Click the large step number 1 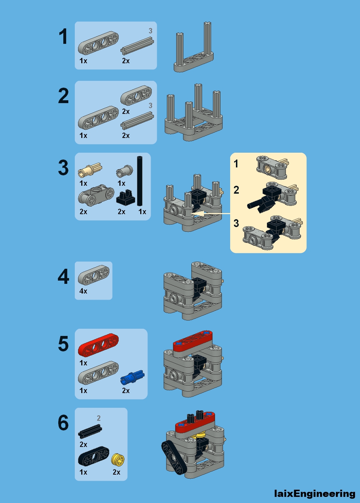tap(63, 37)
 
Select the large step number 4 tap(63, 277)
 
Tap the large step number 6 tap(63, 423)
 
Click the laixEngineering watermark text tap(314, 494)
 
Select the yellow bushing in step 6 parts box tap(118, 460)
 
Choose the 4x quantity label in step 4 tap(83, 291)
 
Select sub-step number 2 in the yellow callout tap(236, 190)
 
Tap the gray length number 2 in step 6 tap(99, 418)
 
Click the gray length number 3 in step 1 tap(150, 31)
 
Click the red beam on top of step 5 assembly tap(193, 340)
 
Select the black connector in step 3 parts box tap(126, 197)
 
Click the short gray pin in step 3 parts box tap(124, 171)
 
